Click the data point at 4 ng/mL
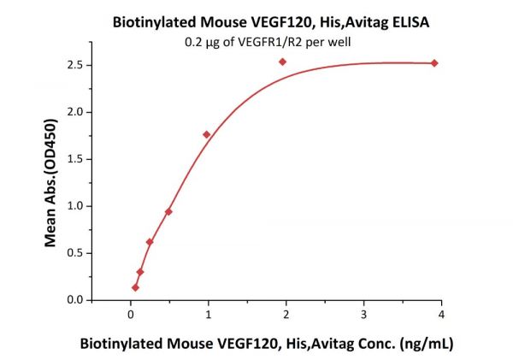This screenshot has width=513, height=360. pos(434,63)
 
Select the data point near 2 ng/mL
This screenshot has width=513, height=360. pos(282,62)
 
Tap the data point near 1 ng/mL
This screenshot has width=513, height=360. pos(206,134)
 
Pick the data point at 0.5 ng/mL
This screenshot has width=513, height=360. pos(168,211)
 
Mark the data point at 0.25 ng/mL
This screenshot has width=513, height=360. pos(150,242)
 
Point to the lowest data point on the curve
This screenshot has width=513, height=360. pos(135,287)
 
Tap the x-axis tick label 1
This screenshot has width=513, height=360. pos(208,315)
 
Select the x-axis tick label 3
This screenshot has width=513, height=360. pos(363,315)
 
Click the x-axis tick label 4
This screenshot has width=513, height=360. pos(441,315)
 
